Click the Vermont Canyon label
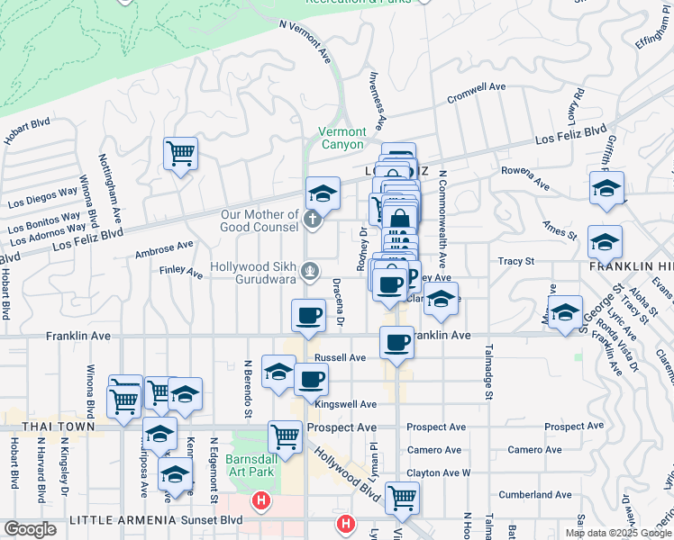pyautogui.click(x=342, y=138)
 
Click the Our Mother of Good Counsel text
pyautogui.click(x=260, y=220)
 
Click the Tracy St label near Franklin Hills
pyautogui.click(x=516, y=261)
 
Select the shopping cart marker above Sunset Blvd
pyautogui.click(x=402, y=495)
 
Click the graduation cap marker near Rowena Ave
pyautogui.click(x=607, y=189)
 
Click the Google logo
pyautogui.click(x=30, y=529)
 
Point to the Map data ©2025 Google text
pyautogui.click(x=617, y=533)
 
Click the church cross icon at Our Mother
pyautogui.click(x=312, y=219)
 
